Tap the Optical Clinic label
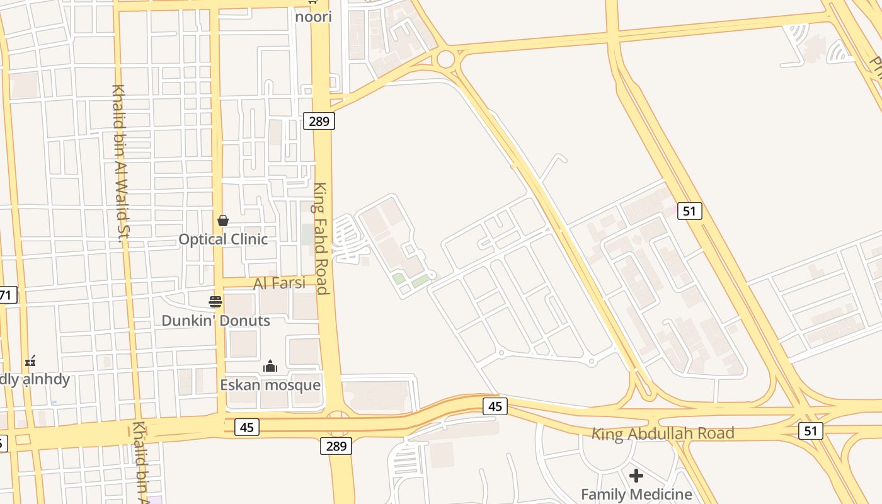click(223, 239)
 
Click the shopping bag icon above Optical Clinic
click(222, 220)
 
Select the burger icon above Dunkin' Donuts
click(215, 301)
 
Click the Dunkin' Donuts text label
click(215, 321)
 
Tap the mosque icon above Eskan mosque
click(270, 366)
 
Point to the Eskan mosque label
click(270, 385)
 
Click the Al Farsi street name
click(279, 283)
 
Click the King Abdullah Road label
click(663, 433)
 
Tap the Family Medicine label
click(636, 494)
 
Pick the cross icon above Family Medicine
click(636, 475)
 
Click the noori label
click(313, 16)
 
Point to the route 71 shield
click(6, 294)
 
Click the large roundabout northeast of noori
click(445, 59)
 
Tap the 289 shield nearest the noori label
click(319, 120)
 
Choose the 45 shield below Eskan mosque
click(247, 427)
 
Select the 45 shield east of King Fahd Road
click(495, 406)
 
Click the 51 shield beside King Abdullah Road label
click(810, 431)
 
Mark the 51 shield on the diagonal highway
click(689, 210)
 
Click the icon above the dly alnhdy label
click(30, 361)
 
